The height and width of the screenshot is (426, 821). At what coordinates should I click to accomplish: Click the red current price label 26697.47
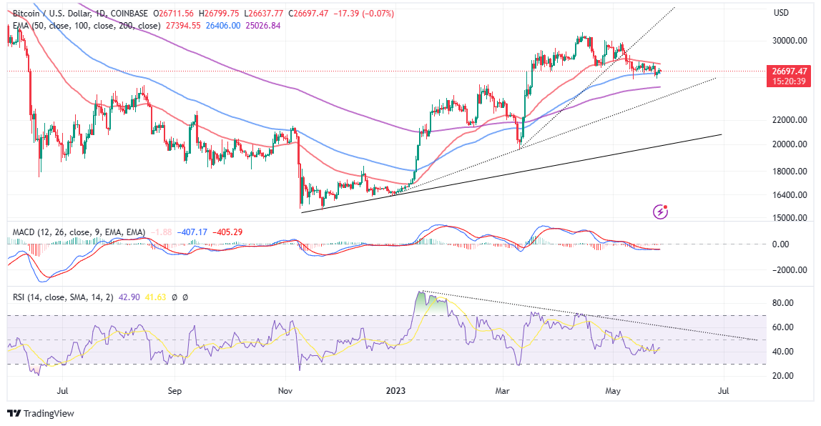pyautogui.click(x=789, y=71)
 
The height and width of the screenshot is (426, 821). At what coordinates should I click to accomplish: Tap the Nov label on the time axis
pyautogui.click(x=285, y=392)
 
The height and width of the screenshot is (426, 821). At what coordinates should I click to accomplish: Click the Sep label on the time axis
pyautogui.click(x=175, y=392)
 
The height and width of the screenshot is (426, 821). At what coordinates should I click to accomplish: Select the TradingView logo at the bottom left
pyautogui.click(x=41, y=413)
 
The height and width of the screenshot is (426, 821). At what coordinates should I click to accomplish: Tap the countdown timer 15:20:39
pyautogui.click(x=789, y=81)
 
